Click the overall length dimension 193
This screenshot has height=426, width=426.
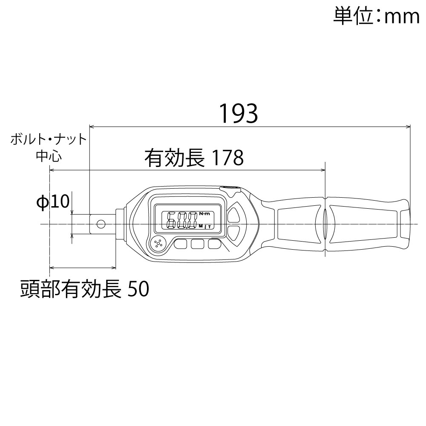239,113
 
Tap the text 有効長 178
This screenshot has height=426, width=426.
194,158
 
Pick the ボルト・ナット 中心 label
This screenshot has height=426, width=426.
49,147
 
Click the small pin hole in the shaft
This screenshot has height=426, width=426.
101,224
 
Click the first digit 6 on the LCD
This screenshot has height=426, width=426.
172,220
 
